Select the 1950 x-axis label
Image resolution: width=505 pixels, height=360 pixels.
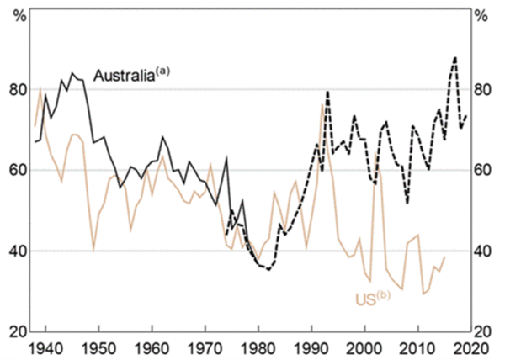point(98,347)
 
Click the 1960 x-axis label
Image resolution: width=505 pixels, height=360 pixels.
point(151,347)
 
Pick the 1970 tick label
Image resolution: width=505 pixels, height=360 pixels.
point(205,347)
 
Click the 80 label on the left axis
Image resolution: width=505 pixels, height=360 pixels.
point(19,90)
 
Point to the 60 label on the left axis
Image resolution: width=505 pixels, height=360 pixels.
point(19,170)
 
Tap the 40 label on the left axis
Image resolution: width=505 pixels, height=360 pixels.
point(19,251)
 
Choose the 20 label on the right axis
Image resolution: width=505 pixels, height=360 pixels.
point(486,331)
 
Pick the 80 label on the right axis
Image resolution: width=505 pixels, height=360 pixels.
point(486,90)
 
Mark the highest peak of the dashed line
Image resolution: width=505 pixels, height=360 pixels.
point(455,57)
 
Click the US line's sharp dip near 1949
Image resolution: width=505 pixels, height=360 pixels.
point(93,249)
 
